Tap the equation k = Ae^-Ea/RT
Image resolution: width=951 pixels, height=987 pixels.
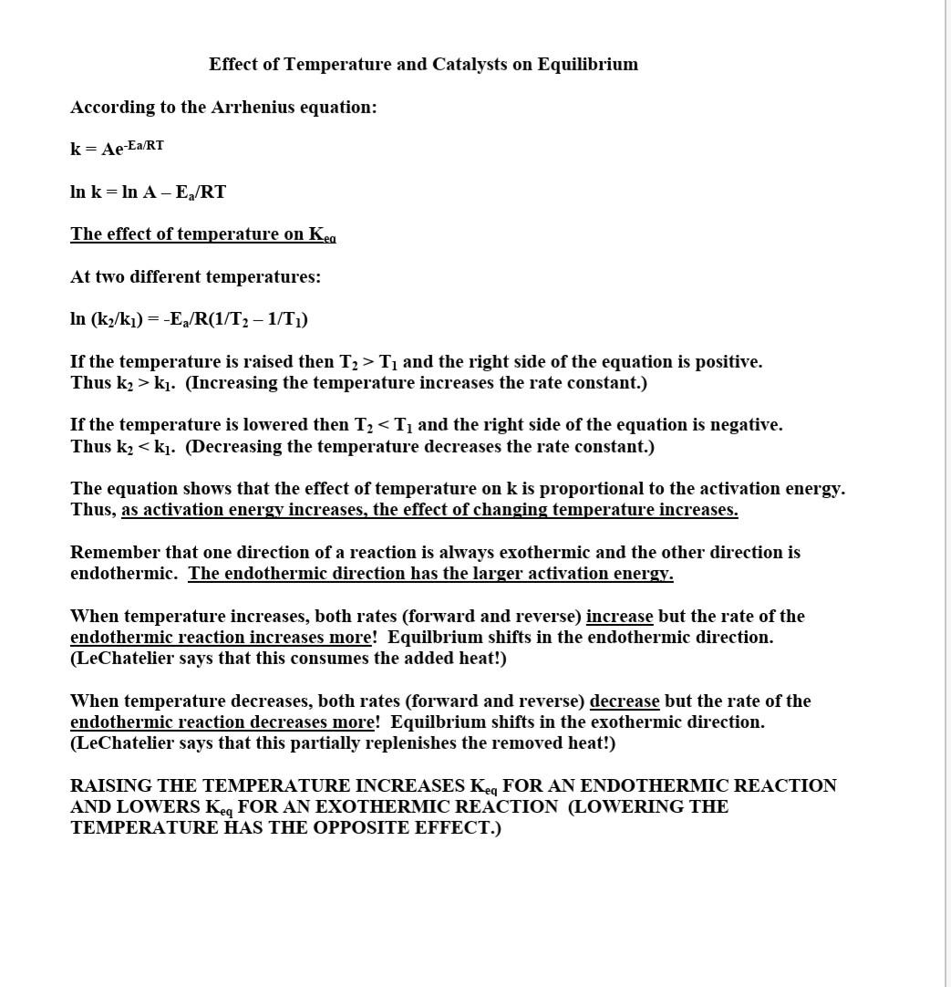tap(117, 149)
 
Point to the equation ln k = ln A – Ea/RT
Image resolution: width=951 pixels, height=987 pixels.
tap(148, 192)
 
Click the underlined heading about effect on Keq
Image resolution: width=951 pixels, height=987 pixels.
tap(202, 234)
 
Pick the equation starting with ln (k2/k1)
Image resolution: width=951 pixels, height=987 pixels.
tap(189, 319)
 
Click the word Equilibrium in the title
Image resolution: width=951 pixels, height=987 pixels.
tap(587, 65)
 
